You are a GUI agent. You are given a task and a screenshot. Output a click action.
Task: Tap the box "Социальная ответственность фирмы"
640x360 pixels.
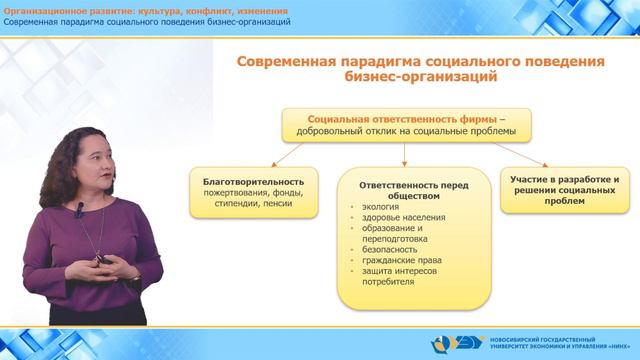(404, 124)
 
